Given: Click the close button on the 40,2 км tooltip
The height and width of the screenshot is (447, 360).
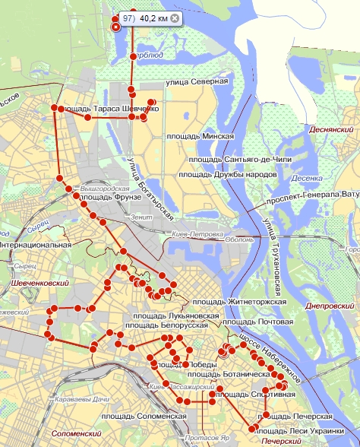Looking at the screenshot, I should pyautogui.click(x=175, y=17).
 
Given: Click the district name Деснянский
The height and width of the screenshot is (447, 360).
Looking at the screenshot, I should pyautogui.click(x=333, y=130).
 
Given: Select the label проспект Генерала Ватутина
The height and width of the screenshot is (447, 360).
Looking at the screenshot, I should pyautogui.click(x=311, y=198).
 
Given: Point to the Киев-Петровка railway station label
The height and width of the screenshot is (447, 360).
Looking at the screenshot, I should pyautogui.click(x=194, y=234).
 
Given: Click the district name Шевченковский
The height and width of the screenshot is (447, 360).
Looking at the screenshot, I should pyautogui.click(x=31, y=283).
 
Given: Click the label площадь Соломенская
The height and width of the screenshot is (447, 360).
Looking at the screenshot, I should pyautogui.click(x=144, y=416).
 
